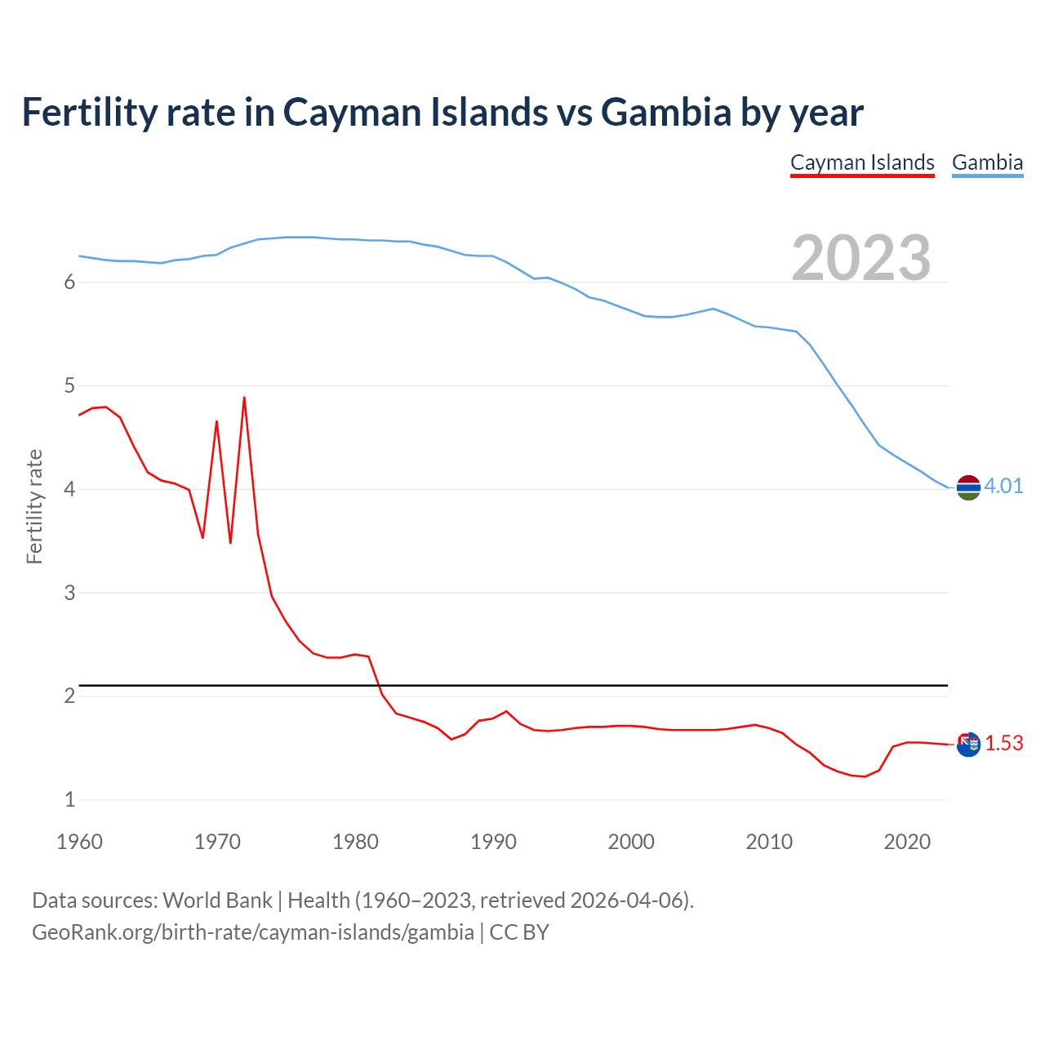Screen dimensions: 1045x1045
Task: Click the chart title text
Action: (442, 112)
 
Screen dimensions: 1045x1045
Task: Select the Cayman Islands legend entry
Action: (862, 162)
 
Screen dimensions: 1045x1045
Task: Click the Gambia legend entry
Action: (987, 162)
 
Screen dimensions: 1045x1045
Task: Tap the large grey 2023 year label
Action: (861, 258)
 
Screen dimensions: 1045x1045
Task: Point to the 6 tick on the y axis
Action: (69, 282)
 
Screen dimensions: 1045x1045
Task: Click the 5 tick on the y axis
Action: (69, 385)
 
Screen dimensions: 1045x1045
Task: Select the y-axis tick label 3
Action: (69, 593)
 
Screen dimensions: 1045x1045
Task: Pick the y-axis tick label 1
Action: (69, 800)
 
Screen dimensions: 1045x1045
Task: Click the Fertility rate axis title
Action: (34, 506)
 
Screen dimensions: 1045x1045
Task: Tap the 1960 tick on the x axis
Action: (79, 842)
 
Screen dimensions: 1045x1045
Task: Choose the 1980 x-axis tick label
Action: (355, 842)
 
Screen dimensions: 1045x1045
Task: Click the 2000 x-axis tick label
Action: (631, 842)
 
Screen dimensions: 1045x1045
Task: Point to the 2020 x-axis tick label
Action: (907, 842)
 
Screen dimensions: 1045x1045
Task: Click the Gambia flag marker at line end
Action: (968, 487)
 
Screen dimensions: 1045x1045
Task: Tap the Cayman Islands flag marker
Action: (968, 745)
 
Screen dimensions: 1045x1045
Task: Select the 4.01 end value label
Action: (1003, 487)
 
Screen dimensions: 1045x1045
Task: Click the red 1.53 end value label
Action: (1003, 744)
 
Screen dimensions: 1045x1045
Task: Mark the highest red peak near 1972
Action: (244, 398)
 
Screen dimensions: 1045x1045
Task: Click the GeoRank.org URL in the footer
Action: (253, 932)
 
